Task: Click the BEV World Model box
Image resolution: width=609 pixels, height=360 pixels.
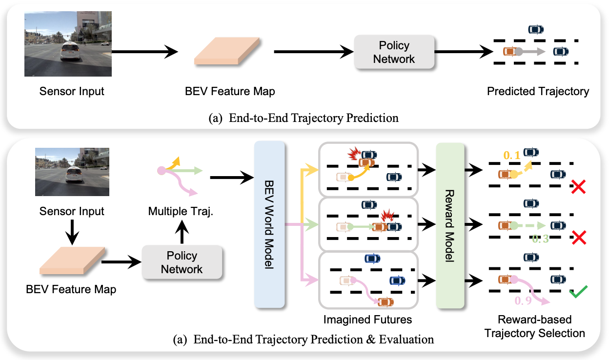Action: (269, 224)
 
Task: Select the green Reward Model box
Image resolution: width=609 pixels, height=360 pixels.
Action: (450, 225)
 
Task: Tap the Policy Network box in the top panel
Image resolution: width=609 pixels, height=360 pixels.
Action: (394, 52)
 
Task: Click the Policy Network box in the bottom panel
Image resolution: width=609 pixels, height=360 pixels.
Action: (182, 262)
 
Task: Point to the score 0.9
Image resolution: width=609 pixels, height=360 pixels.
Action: (523, 300)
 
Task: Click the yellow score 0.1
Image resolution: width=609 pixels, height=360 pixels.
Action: (512, 156)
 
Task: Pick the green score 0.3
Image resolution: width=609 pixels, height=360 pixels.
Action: (540, 239)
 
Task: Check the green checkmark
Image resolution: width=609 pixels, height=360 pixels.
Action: (579, 292)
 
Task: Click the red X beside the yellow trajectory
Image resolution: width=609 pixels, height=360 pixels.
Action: (578, 187)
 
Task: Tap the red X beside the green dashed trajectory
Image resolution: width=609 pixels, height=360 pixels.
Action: (579, 238)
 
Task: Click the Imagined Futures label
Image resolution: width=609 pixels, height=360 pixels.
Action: (367, 320)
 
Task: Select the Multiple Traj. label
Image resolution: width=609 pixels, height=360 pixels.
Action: (181, 211)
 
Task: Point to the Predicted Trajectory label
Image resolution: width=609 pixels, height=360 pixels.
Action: (538, 91)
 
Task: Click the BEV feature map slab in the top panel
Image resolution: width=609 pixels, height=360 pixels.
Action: (227, 51)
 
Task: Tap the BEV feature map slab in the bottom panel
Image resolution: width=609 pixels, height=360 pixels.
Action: (72, 260)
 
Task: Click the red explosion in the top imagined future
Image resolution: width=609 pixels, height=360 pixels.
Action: (354, 154)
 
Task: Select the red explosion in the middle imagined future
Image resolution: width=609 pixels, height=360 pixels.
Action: (387, 216)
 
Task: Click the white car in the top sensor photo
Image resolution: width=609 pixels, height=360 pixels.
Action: (70, 51)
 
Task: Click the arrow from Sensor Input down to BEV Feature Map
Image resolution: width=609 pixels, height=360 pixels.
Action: (72, 232)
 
